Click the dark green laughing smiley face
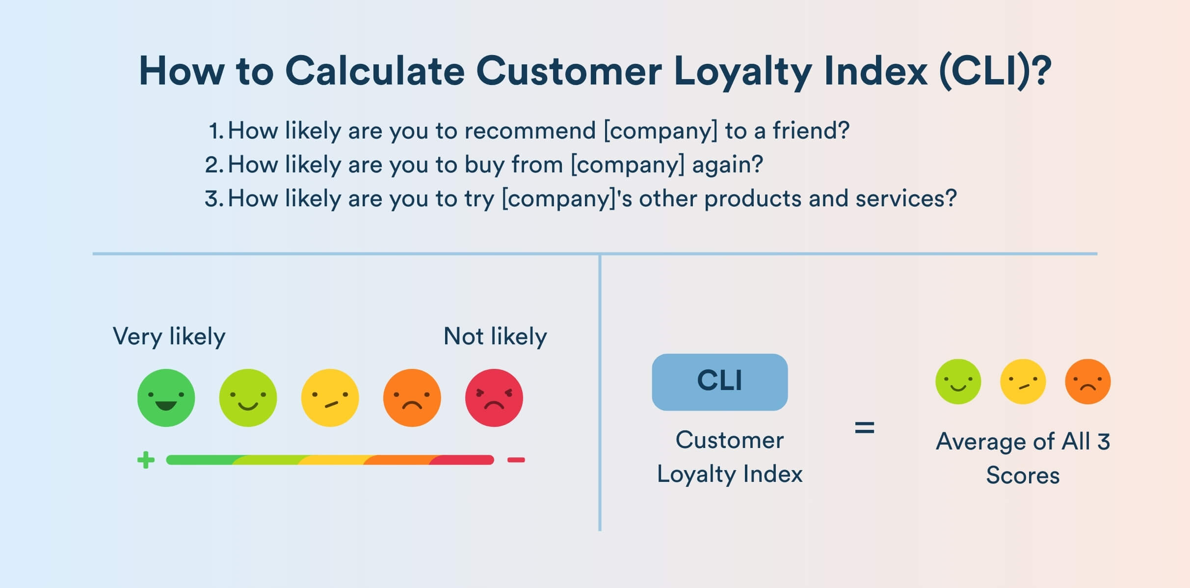[x=166, y=397]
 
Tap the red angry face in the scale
[x=494, y=397]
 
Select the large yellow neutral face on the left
[x=330, y=397]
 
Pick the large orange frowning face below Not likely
[x=412, y=397]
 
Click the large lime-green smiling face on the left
[x=248, y=397]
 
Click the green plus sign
[x=146, y=460]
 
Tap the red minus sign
[x=516, y=460]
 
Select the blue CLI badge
[x=720, y=382]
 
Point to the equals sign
[x=865, y=427]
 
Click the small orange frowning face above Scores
[x=1088, y=382]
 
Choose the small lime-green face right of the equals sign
[x=958, y=382]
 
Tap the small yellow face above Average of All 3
[x=1023, y=382]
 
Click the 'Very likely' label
[x=169, y=337]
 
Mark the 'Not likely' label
[x=495, y=337]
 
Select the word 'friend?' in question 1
[x=811, y=131]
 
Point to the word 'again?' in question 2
[x=728, y=165]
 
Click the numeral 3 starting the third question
[x=212, y=199]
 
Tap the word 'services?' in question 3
[x=906, y=199]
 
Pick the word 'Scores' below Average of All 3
[x=1023, y=476]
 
